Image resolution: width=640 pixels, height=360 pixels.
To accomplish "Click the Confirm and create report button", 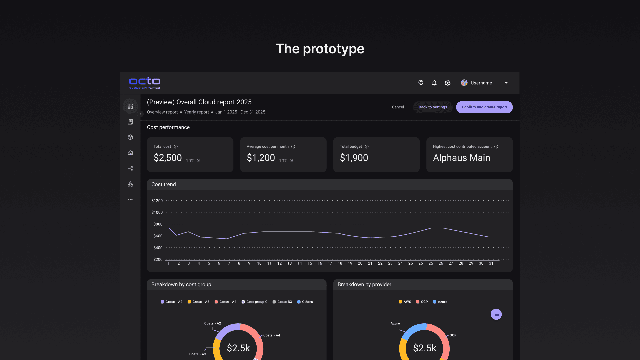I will [x=484, y=107].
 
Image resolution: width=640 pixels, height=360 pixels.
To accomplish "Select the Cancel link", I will [x=398, y=107].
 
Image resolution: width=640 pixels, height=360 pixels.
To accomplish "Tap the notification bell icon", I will [x=434, y=83].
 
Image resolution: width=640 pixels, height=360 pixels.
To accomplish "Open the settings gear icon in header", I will [x=447, y=83].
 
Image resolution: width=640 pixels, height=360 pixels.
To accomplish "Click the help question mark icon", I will [x=421, y=83].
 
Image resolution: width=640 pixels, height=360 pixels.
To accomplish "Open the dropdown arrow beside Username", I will [x=506, y=83].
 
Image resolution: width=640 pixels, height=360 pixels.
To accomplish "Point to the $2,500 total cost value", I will [x=168, y=158].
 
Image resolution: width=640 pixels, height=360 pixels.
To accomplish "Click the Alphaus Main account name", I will [x=461, y=158].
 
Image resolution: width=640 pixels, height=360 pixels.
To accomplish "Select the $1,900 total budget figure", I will [x=354, y=158].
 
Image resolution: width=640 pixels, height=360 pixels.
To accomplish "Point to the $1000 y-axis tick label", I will [x=157, y=212].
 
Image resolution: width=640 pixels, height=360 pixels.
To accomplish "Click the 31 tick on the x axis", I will [x=491, y=263].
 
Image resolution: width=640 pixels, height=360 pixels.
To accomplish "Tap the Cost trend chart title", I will [x=163, y=184].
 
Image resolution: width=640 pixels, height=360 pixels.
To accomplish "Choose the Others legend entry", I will [x=305, y=302].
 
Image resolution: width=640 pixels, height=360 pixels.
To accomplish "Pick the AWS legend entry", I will [x=405, y=302].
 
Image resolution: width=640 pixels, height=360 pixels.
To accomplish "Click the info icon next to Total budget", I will [x=367, y=147].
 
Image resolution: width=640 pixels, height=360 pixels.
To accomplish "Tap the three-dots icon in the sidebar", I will [x=130, y=199].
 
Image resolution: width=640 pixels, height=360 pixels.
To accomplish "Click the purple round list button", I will [x=496, y=314].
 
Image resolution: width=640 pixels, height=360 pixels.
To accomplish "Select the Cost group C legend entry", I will [x=255, y=302].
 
